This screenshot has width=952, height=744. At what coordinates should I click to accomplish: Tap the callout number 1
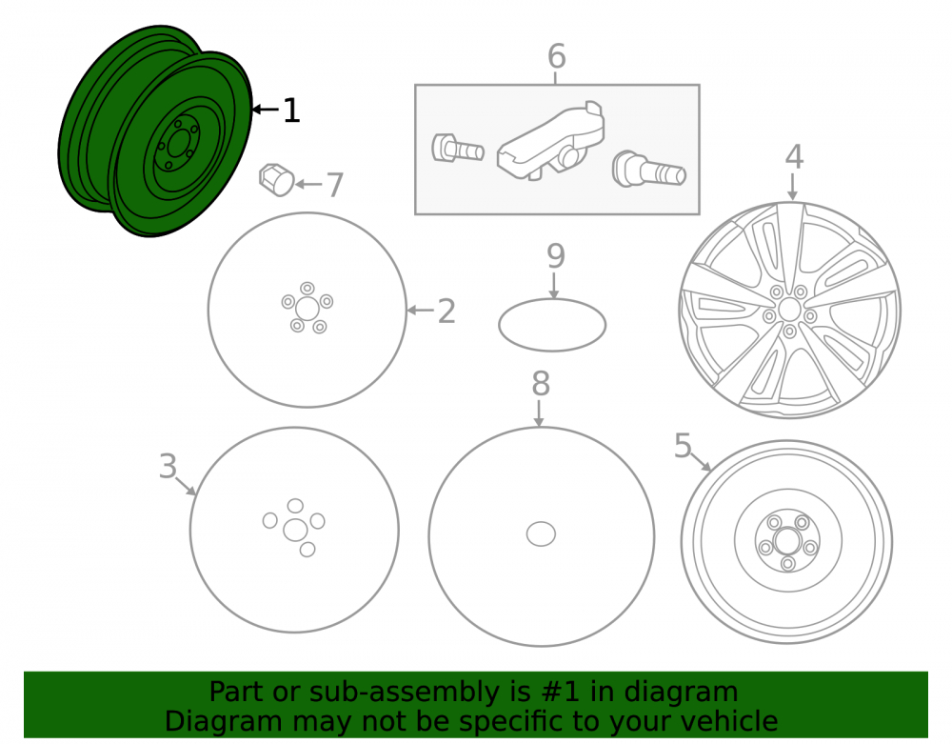click(291, 111)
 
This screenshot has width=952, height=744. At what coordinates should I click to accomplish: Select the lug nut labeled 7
click(276, 180)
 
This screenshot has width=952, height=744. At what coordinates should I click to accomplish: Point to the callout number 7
click(334, 185)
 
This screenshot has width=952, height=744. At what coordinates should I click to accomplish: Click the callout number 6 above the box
click(556, 56)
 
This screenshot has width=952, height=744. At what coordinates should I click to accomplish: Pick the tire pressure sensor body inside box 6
click(550, 142)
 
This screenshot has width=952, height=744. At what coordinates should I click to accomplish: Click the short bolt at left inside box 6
click(457, 149)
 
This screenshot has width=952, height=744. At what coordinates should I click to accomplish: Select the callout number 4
click(794, 156)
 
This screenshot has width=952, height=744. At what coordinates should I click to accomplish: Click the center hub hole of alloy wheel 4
click(788, 310)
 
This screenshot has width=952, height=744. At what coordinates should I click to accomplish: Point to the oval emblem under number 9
click(552, 325)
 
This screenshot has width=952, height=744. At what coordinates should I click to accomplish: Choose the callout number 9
click(556, 255)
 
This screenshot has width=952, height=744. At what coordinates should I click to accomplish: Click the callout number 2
click(446, 311)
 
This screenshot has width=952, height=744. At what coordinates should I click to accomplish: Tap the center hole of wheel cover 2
click(307, 309)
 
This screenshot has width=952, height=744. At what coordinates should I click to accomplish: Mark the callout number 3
click(168, 467)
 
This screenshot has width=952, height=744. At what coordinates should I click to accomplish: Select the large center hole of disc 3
click(295, 530)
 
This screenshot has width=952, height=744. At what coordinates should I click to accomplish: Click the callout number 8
click(541, 384)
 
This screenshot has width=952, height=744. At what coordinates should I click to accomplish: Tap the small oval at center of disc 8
click(541, 534)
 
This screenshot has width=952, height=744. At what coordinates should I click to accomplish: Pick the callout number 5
click(683, 446)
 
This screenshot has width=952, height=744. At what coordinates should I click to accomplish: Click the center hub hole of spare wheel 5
click(787, 539)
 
